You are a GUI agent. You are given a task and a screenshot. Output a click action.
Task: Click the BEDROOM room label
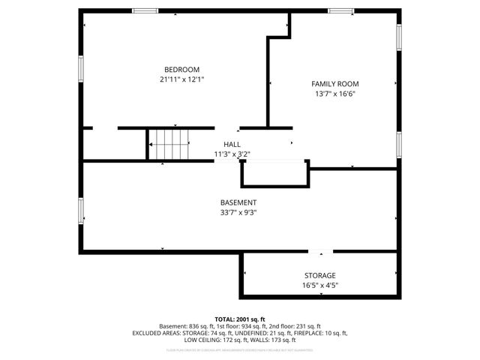182,69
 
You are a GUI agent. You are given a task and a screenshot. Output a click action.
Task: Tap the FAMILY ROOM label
335,84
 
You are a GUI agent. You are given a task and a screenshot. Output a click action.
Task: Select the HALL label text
232,144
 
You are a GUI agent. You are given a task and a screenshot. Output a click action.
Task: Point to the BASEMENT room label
238,202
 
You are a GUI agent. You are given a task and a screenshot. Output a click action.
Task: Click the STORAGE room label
319,275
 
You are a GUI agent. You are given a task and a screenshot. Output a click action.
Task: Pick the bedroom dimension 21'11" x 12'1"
182,79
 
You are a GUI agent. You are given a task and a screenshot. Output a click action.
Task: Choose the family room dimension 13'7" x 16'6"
335,94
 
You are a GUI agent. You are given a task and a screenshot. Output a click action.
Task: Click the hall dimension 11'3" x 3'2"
232,154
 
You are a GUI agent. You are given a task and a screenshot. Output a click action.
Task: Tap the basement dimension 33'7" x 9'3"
238,212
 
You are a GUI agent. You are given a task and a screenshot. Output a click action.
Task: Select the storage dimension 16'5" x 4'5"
319,285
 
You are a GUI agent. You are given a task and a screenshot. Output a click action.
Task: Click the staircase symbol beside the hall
169,144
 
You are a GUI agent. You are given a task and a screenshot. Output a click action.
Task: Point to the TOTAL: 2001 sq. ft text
239,319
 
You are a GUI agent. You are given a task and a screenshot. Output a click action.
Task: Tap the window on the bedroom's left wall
81,67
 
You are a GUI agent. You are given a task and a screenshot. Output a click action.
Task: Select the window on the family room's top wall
340,10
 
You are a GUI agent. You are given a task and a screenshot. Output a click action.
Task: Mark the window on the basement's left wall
81,210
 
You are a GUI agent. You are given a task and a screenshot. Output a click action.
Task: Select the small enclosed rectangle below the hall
274,173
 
